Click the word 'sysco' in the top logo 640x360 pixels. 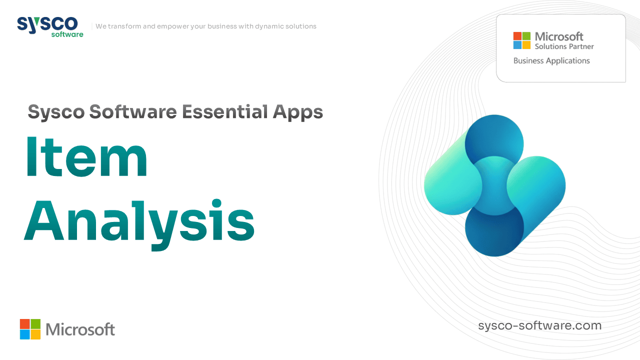coord(47,24)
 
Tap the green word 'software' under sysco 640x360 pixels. coord(67,34)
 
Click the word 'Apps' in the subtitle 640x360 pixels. coord(298,112)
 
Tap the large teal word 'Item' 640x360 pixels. coord(87,157)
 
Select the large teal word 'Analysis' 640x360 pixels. coord(139,223)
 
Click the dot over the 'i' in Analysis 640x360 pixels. coord(217,203)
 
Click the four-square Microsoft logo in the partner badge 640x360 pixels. coord(521,40)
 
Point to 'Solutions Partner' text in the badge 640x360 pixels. coord(564,46)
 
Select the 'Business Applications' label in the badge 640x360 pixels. coord(551,61)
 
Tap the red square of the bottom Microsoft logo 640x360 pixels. coord(24,323)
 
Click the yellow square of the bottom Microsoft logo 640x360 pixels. coord(35,334)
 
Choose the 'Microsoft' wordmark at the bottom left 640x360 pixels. coord(80,329)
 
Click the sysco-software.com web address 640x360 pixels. coord(539,325)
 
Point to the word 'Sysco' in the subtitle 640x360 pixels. coord(56,112)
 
